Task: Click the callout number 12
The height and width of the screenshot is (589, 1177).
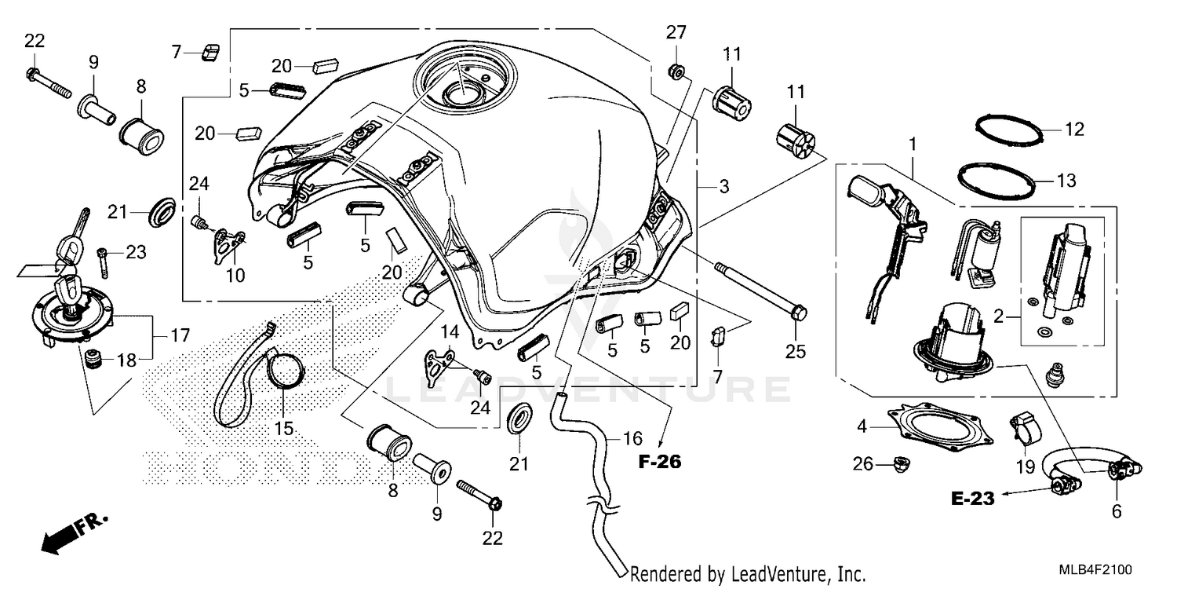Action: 1074,130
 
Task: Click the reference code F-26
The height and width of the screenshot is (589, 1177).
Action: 659,463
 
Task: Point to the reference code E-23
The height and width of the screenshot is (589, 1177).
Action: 974,498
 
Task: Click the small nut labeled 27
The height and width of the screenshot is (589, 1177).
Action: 675,72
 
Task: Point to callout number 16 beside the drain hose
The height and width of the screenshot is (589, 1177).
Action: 632,438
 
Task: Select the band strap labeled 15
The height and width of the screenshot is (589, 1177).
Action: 259,377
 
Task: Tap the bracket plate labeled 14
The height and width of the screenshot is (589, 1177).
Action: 441,362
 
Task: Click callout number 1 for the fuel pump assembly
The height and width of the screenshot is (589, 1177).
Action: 913,144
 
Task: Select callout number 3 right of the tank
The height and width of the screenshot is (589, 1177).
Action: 723,187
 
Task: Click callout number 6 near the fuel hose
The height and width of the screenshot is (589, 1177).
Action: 1116,511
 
